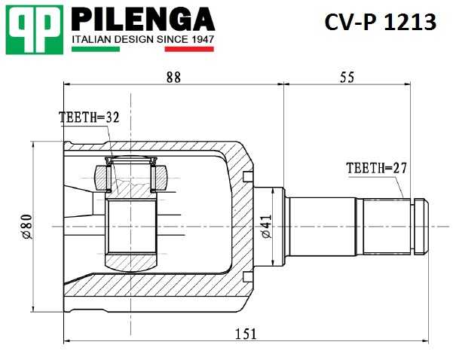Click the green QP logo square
(x=33, y=29)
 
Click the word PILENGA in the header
(x=142, y=19)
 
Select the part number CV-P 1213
(x=380, y=23)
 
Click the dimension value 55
(x=347, y=77)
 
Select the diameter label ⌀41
(x=265, y=226)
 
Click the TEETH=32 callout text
(x=89, y=117)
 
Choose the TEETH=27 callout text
(x=376, y=168)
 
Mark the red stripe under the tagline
(x=189, y=50)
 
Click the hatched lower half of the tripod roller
(x=133, y=261)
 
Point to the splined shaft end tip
(x=423, y=226)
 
